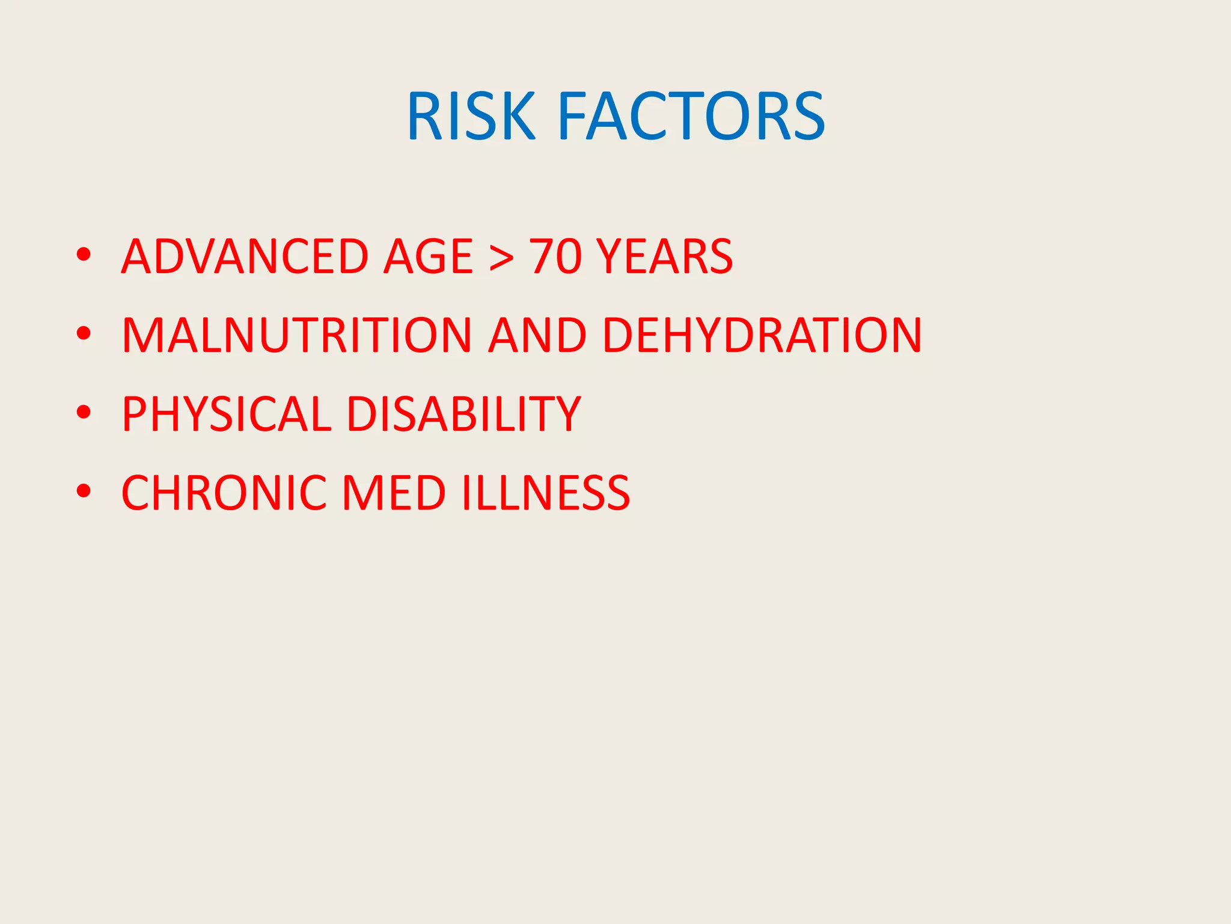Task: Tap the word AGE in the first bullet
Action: tap(429, 256)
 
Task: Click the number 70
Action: tap(555, 256)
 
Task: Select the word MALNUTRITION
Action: tap(297, 335)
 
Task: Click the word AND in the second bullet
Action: tap(537, 335)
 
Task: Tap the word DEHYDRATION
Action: tap(762, 335)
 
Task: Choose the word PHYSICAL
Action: tap(226, 414)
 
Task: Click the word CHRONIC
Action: tap(224, 493)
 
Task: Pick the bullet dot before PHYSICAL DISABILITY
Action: tap(84, 412)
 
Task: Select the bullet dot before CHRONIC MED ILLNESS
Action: tap(84, 491)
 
